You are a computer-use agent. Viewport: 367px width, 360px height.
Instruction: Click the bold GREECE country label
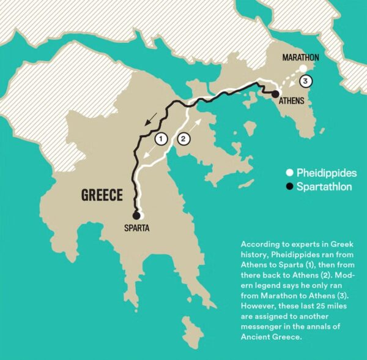(x=102, y=195)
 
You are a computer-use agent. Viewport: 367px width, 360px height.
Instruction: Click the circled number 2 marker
(x=184, y=139)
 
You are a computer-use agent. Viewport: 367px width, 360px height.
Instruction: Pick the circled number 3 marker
(x=306, y=80)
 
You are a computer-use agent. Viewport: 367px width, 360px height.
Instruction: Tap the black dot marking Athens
(x=268, y=93)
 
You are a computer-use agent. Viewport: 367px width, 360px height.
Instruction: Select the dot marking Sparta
(x=139, y=215)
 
